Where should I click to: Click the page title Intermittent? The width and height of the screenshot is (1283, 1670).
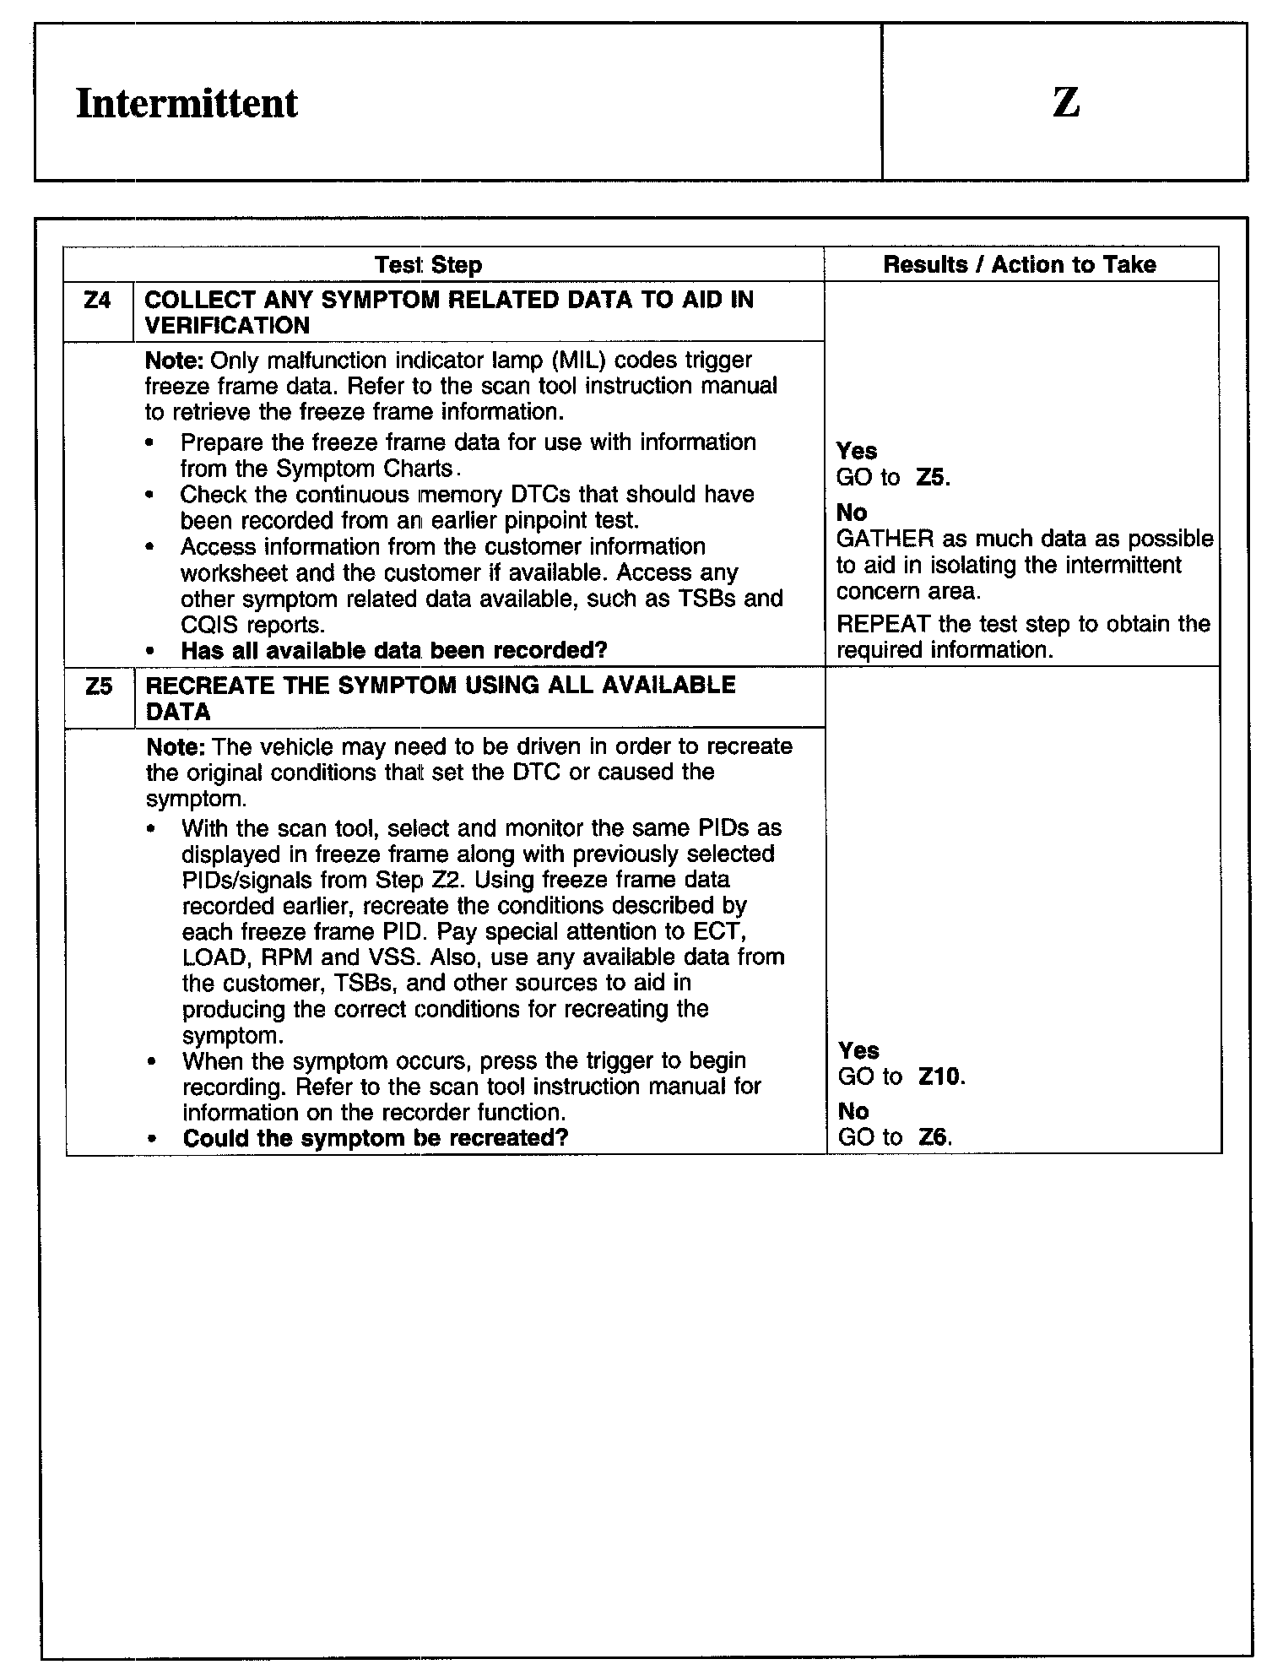(187, 104)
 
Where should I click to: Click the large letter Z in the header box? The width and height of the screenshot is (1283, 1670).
(1065, 102)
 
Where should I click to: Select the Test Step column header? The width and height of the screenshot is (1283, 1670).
(428, 265)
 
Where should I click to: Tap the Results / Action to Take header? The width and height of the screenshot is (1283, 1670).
(1019, 264)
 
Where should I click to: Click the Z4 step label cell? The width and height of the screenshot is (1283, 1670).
(98, 301)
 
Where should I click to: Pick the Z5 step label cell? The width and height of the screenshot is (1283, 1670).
(99, 686)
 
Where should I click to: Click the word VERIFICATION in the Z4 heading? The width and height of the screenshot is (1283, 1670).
(227, 326)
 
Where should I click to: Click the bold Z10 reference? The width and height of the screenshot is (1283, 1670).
(940, 1077)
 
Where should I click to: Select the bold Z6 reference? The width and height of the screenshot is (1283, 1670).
(934, 1137)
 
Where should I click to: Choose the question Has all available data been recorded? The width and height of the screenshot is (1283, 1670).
(394, 651)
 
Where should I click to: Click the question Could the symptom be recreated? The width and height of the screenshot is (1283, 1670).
(376, 1138)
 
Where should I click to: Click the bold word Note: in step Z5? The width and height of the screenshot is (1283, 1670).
(176, 747)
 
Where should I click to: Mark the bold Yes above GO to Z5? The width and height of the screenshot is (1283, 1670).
(856, 451)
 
